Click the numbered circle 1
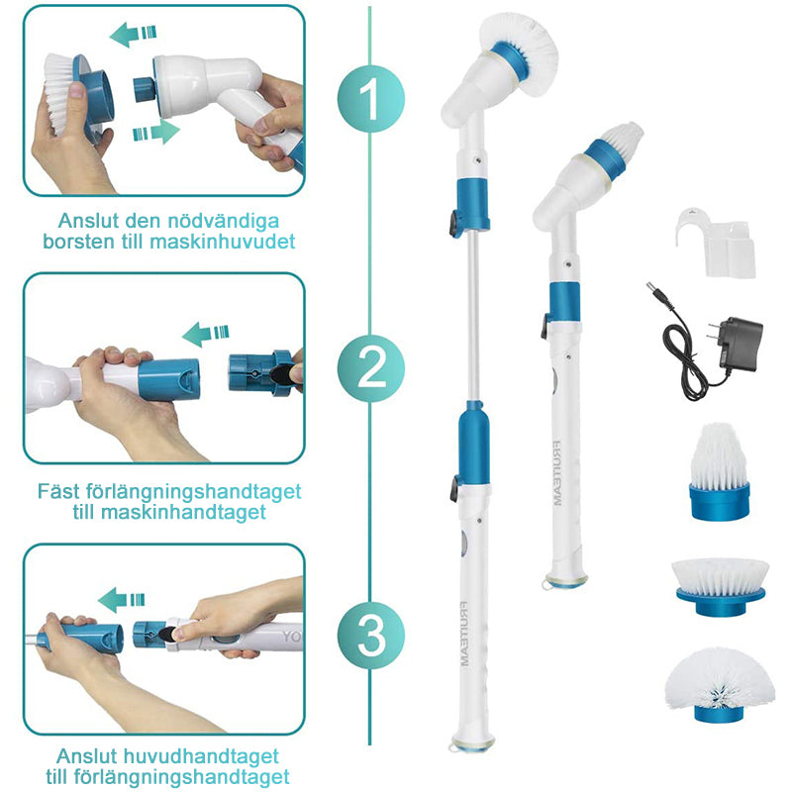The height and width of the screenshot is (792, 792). pos(371,98)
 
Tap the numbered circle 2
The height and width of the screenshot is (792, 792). pos(371,368)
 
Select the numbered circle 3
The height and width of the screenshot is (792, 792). pos(371,636)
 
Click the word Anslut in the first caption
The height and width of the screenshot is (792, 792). pos(88,220)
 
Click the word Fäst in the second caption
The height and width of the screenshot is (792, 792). pos(58,491)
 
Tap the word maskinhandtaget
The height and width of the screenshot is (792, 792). pos(183,512)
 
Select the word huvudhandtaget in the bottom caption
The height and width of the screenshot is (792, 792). pos(201,756)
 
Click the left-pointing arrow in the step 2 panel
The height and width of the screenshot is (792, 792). pos(206,334)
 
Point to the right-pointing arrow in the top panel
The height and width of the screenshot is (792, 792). pos(156,132)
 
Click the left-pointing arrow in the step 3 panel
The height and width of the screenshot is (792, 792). pos(121,600)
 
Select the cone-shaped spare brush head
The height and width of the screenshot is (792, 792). pos(720,471)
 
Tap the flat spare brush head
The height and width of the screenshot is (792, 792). pos(721,586)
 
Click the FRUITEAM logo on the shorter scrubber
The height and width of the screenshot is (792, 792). pos(556,473)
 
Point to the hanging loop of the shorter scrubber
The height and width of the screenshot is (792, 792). pos(547,584)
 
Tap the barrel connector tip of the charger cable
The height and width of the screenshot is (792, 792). pos(651,289)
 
